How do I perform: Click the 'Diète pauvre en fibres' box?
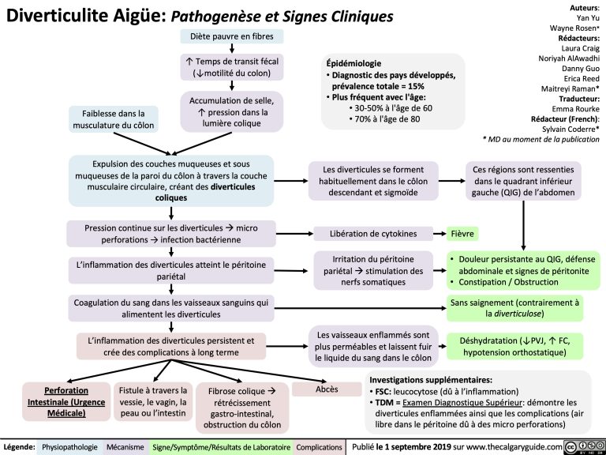tap(232, 36)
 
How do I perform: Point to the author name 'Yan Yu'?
tap(585, 17)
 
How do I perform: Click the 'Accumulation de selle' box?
tap(232, 111)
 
